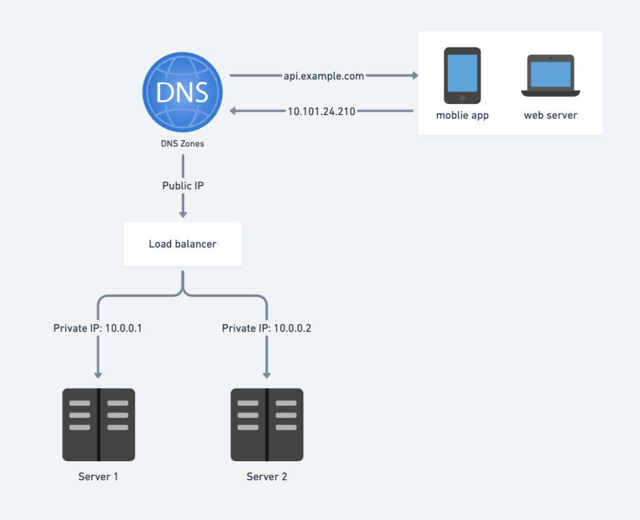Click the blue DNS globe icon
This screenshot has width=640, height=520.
click(x=182, y=92)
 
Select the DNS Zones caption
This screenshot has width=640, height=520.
click(x=182, y=143)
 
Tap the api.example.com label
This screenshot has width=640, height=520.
click(x=324, y=76)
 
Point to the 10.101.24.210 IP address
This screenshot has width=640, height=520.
click(x=322, y=111)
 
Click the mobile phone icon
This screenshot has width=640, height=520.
click(x=462, y=76)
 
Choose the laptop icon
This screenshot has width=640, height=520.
click(x=551, y=76)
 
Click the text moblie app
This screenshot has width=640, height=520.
click(x=462, y=115)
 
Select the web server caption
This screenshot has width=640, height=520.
click(x=551, y=115)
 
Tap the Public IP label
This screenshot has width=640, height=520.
click(x=183, y=186)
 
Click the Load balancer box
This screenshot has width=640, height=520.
click(x=182, y=244)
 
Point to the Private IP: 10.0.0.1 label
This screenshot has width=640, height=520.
click(x=97, y=329)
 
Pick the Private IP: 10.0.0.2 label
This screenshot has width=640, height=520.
click(x=266, y=329)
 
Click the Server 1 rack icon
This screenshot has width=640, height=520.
click(x=99, y=425)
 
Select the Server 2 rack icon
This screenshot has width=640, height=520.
click(x=267, y=425)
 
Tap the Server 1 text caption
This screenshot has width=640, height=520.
click(x=98, y=477)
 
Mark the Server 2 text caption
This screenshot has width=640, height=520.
click(x=266, y=477)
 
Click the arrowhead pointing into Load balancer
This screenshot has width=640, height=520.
click(x=183, y=214)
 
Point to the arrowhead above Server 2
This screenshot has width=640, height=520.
click(x=266, y=375)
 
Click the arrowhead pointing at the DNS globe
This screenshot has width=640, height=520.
click(x=233, y=111)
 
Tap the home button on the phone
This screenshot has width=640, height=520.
click(x=462, y=98)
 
